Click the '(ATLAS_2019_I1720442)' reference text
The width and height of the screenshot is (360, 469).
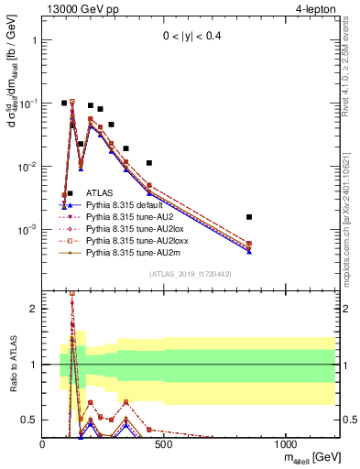[191, 275]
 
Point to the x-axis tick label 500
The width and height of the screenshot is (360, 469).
[164, 444]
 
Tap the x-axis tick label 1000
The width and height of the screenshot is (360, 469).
[285, 444]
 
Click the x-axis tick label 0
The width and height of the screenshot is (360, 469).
[43, 444]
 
